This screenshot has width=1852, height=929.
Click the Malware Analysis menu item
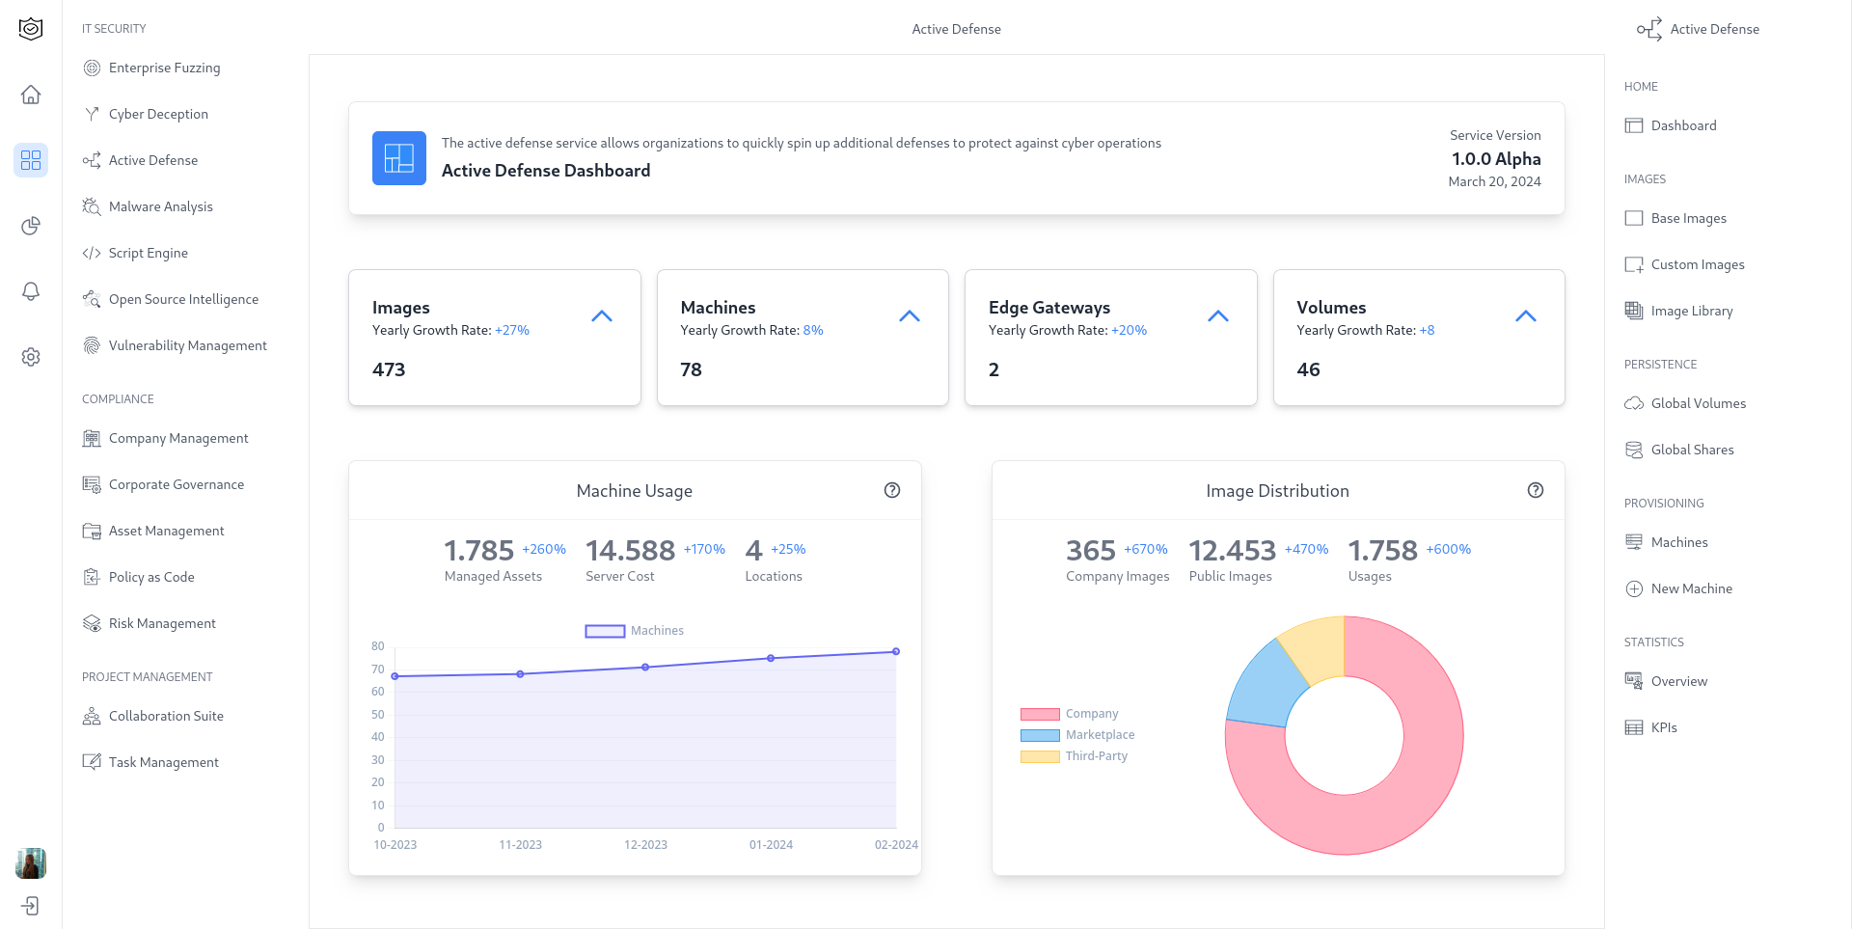(x=160, y=206)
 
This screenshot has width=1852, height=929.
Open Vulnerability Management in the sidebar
(x=187, y=345)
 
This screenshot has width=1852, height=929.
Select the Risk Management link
(x=162, y=623)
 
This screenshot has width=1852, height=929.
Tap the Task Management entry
(x=163, y=762)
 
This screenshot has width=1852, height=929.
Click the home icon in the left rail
(x=31, y=95)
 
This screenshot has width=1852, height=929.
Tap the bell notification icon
(x=31, y=291)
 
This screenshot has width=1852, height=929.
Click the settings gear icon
(x=31, y=357)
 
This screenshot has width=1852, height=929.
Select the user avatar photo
(x=31, y=863)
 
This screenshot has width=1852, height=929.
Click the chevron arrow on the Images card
(x=602, y=316)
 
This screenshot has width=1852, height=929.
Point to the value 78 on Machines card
(x=691, y=369)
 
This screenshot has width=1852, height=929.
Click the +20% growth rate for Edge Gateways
(x=1129, y=330)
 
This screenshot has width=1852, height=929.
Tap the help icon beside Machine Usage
(x=892, y=490)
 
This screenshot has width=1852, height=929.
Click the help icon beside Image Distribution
(x=1536, y=490)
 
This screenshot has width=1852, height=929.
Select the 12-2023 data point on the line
(x=645, y=667)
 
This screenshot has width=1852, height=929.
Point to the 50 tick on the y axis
(x=378, y=715)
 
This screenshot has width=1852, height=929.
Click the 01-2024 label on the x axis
(x=771, y=845)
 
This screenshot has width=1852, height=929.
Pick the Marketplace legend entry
(x=1100, y=735)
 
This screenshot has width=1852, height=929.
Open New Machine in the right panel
(x=1691, y=588)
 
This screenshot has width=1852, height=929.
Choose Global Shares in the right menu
(x=1692, y=450)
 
